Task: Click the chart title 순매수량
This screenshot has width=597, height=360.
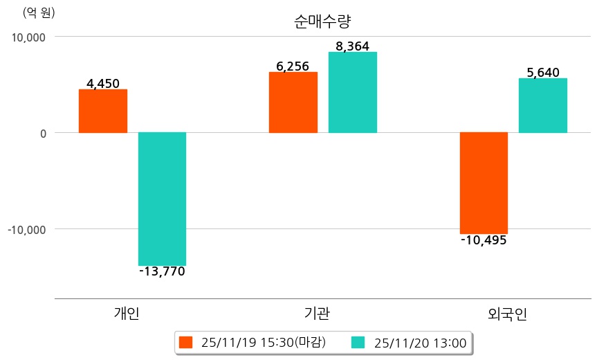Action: click(x=318, y=21)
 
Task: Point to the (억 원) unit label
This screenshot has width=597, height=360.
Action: click(x=39, y=12)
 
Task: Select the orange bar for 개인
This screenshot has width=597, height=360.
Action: click(x=103, y=111)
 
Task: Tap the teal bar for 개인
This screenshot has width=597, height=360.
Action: click(x=162, y=199)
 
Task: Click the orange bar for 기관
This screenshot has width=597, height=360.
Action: click(x=293, y=102)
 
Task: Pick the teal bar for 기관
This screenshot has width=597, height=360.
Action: click(x=353, y=92)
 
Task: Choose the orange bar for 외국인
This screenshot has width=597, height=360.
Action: click(x=484, y=183)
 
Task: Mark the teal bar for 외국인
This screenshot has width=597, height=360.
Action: click(x=542, y=105)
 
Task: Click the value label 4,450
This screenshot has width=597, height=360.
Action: click(x=103, y=84)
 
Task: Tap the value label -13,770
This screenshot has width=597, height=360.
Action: click(x=162, y=271)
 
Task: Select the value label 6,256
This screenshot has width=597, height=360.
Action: click(x=293, y=66)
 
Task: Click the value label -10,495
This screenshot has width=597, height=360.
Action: click(x=484, y=240)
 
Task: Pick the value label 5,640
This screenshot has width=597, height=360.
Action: click(x=542, y=73)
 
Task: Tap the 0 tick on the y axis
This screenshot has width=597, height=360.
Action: click(x=42, y=133)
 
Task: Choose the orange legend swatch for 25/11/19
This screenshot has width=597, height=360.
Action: click(x=185, y=342)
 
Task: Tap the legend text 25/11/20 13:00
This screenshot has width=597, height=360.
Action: click(x=420, y=342)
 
